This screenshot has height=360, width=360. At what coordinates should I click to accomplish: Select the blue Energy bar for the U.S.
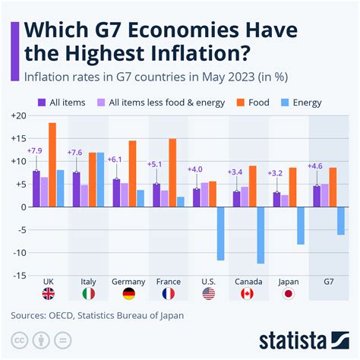[x=221, y=233]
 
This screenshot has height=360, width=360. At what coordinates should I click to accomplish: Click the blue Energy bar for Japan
[x=301, y=225]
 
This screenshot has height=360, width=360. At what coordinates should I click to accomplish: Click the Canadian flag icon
[x=248, y=292]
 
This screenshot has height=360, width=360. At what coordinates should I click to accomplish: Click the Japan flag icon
[x=289, y=292]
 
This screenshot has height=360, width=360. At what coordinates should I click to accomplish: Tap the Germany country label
[x=128, y=281]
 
